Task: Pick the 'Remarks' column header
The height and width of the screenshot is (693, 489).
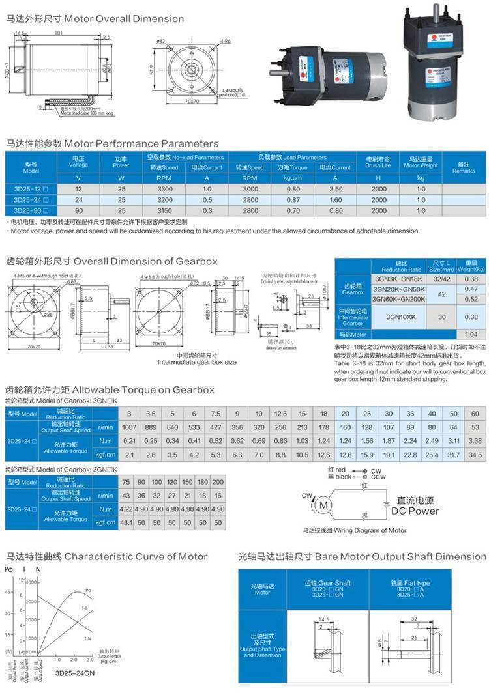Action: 464,167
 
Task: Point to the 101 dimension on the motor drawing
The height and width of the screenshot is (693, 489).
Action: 59,32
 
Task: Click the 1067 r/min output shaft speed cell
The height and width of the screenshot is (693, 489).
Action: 129,427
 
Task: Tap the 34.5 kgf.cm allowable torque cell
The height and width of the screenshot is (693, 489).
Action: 475,453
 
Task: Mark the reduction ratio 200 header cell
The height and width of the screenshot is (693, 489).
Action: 218,482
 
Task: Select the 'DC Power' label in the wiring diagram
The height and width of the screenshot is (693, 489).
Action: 415,511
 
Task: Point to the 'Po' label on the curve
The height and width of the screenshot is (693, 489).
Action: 89,590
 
